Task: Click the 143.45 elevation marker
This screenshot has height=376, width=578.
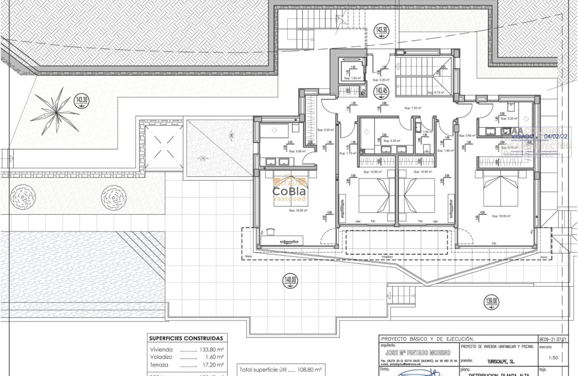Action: tap(382, 91)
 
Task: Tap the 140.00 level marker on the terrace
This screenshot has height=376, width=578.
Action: tap(290, 281)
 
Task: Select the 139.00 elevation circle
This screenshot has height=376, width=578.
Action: tap(491, 302)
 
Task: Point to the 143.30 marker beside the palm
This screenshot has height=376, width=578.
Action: tap(82, 100)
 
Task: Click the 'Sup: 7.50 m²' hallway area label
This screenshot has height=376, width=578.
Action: tap(413, 108)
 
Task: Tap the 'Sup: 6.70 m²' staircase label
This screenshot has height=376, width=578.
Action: tap(436, 93)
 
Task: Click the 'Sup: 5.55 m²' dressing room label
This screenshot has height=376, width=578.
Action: tap(326, 130)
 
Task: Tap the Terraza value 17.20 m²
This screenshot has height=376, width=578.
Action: tap(212, 365)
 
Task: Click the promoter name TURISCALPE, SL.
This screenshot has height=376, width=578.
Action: tap(500, 360)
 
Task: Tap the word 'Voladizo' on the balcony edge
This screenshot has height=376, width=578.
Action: tap(387, 257)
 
